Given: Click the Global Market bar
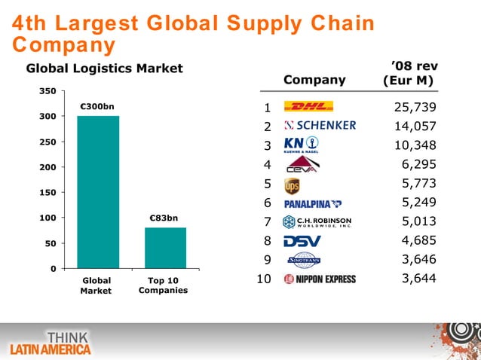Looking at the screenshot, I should (97, 192).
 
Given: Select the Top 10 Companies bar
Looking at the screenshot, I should (165, 247).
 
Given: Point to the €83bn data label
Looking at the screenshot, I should (164, 218).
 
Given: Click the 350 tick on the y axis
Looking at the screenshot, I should (46, 91).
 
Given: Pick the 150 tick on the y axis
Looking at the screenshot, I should (46, 193).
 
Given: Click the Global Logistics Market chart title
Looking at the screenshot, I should (105, 69).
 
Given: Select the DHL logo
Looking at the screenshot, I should (314, 106).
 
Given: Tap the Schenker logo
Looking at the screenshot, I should (320, 125).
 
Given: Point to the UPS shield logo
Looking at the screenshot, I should (293, 185).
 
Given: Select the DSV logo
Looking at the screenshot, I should (302, 241).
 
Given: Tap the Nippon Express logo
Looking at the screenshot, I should (320, 279).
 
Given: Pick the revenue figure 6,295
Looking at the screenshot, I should (421, 164).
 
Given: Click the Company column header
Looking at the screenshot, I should (314, 80).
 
